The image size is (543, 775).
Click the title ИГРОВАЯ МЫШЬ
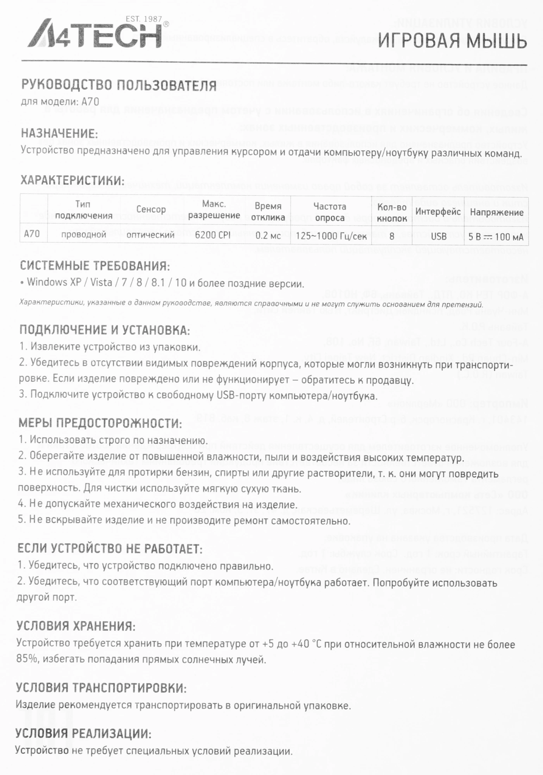[452, 41]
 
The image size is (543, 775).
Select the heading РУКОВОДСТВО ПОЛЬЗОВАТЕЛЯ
[119, 85]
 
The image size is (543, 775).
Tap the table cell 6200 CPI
[213, 236]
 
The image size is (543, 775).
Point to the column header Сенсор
[151, 210]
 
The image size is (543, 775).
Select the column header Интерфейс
[438, 212]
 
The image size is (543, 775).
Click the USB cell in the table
[438, 236]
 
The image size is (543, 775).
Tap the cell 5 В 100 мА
[496, 237]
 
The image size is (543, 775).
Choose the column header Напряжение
[496, 212]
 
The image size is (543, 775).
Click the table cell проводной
[84, 234]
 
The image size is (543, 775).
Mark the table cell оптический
[151, 235]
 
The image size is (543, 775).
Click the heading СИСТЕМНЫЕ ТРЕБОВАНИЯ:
[95, 266]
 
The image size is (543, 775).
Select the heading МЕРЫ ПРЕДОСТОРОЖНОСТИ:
[100, 423]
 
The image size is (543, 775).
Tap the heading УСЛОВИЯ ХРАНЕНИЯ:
[76, 626]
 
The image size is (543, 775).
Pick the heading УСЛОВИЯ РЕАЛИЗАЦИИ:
[83, 734]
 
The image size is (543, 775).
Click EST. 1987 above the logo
[144, 19]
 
